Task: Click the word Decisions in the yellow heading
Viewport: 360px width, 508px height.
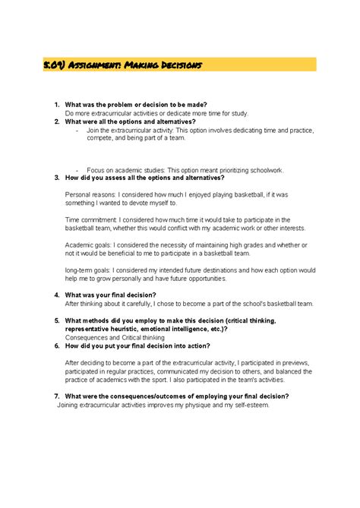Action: pos(178,65)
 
